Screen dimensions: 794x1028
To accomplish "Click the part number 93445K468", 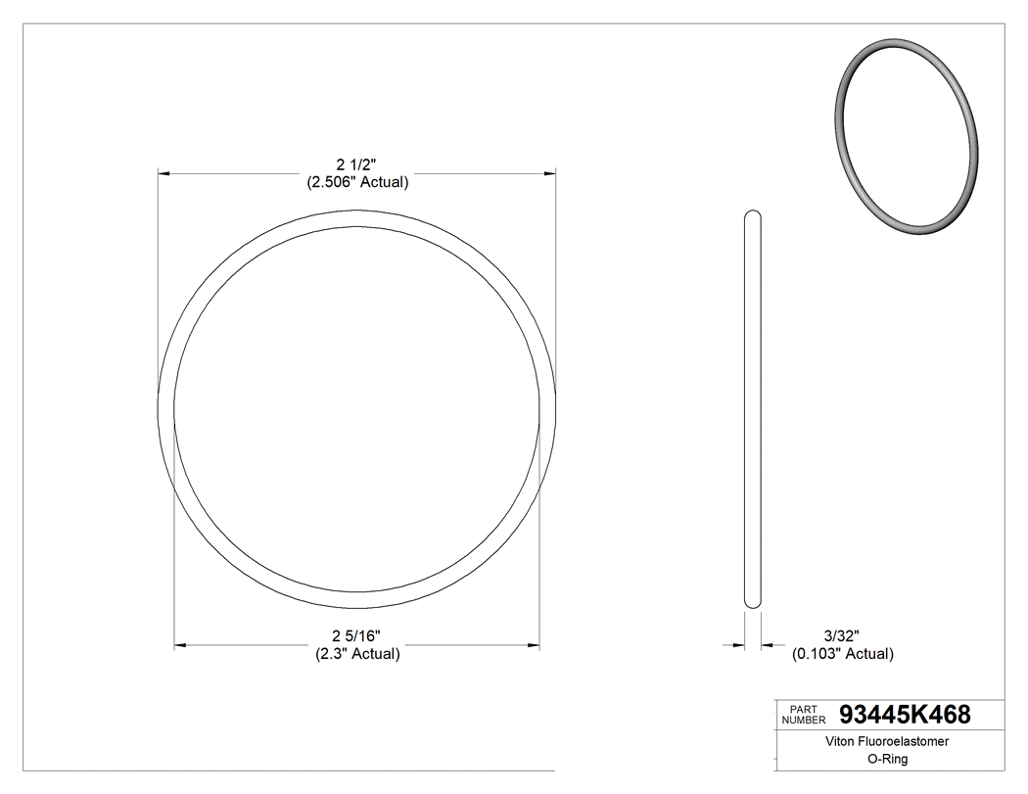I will [905, 715].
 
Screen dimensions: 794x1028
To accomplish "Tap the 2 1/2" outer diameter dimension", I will [357, 164].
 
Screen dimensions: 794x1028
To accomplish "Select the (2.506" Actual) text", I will [357, 182].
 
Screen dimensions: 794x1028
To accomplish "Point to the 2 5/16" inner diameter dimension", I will [357, 636].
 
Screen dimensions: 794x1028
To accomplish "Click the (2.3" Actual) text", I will [357, 654].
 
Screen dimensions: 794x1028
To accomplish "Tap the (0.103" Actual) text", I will [842, 654].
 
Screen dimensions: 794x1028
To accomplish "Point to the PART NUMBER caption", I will [803, 715].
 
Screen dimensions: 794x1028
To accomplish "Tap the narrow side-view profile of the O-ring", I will [753, 411].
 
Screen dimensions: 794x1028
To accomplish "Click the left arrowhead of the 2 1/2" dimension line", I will [165, 173].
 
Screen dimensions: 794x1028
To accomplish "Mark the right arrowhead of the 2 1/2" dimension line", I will [549, 173].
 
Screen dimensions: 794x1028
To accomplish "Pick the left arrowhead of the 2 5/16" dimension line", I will [181, 645].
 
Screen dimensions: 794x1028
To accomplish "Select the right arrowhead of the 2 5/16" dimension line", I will [534, 645].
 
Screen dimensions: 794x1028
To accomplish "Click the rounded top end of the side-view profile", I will [753, 215].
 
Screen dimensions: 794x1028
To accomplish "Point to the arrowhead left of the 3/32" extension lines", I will [738, 644].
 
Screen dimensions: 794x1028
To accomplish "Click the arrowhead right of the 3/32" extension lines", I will [769, 644].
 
